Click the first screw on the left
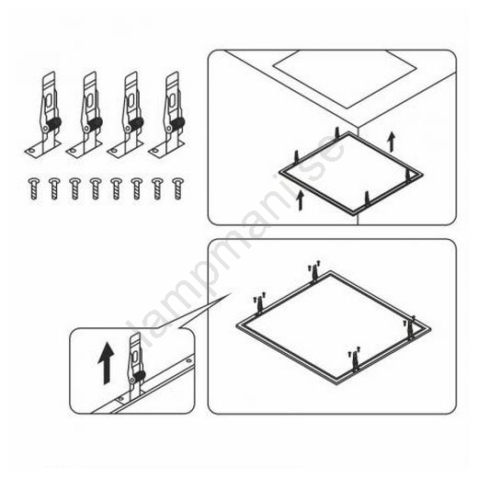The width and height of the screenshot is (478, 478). [x=34, y=188]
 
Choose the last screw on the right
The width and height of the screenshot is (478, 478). [x=178, y=188]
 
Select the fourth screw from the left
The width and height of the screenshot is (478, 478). [x=96, y=188]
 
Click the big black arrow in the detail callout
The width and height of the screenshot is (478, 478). [x=106, y=363]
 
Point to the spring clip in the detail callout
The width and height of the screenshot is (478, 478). [x=136, y=368]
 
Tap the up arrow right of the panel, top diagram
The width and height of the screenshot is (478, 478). [x=391, y=142]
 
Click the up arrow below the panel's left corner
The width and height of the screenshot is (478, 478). [x=301, y=200]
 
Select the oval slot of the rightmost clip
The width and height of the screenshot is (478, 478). [x=172, y=100]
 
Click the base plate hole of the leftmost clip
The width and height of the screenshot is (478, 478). [x=31, y=151]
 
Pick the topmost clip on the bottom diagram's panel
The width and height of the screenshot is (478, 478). [x=314, y=271]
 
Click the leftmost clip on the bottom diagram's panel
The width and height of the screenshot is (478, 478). [x=259, y=303]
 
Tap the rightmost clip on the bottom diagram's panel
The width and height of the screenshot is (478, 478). [x=409, y=327]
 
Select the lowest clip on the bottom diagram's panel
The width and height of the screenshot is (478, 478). [x=355, y=359]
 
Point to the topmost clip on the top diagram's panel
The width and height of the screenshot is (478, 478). [x=337, y=133]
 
